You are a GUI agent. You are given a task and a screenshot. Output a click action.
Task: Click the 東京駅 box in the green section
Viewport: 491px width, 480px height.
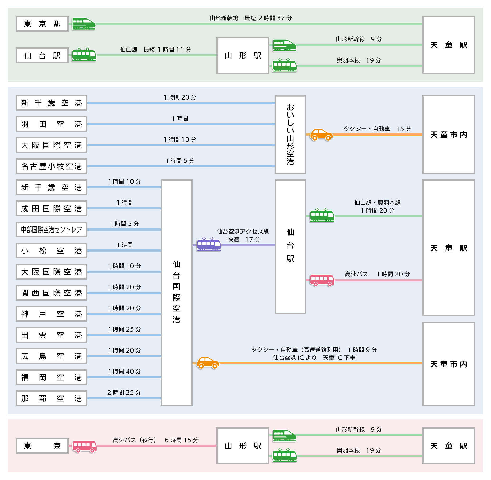coord(42,24)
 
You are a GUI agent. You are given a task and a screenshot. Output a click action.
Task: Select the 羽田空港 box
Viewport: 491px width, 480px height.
coord(51,124)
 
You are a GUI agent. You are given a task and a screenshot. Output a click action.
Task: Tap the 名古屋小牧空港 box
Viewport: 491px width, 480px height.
coord(51,166)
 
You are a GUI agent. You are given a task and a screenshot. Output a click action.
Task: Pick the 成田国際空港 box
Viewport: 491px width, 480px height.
coord(51,208)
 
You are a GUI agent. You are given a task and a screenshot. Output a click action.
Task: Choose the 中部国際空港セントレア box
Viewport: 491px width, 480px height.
coord(51,229)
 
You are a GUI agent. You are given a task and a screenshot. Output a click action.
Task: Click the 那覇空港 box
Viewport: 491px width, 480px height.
coord(51,398)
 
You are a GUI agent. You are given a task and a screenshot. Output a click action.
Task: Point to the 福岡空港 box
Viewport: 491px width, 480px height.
coord(51,377)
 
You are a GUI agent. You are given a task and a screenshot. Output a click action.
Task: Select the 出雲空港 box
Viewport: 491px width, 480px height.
coord(51,335)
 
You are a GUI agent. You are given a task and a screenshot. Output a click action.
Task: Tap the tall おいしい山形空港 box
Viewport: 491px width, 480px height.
coord(290,135)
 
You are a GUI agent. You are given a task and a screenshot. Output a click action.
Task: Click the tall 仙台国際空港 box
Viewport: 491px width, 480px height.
coord(177,293)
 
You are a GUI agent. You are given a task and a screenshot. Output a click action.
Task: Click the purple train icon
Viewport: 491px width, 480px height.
coord(209,244)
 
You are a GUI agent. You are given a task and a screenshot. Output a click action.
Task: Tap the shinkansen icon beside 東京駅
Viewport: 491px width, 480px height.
coord(84,24)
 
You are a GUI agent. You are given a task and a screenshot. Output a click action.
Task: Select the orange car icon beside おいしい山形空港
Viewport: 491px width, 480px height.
coord(321,135)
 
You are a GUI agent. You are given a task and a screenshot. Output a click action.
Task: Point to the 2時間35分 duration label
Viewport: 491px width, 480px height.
coord(124,392)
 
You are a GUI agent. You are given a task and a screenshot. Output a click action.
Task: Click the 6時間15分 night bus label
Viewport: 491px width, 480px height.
coord(182,440)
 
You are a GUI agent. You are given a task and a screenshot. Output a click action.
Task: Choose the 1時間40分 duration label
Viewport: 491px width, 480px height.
coord(125,371)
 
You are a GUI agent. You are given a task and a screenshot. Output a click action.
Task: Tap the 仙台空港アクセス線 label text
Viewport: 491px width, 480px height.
coord(243,232)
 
